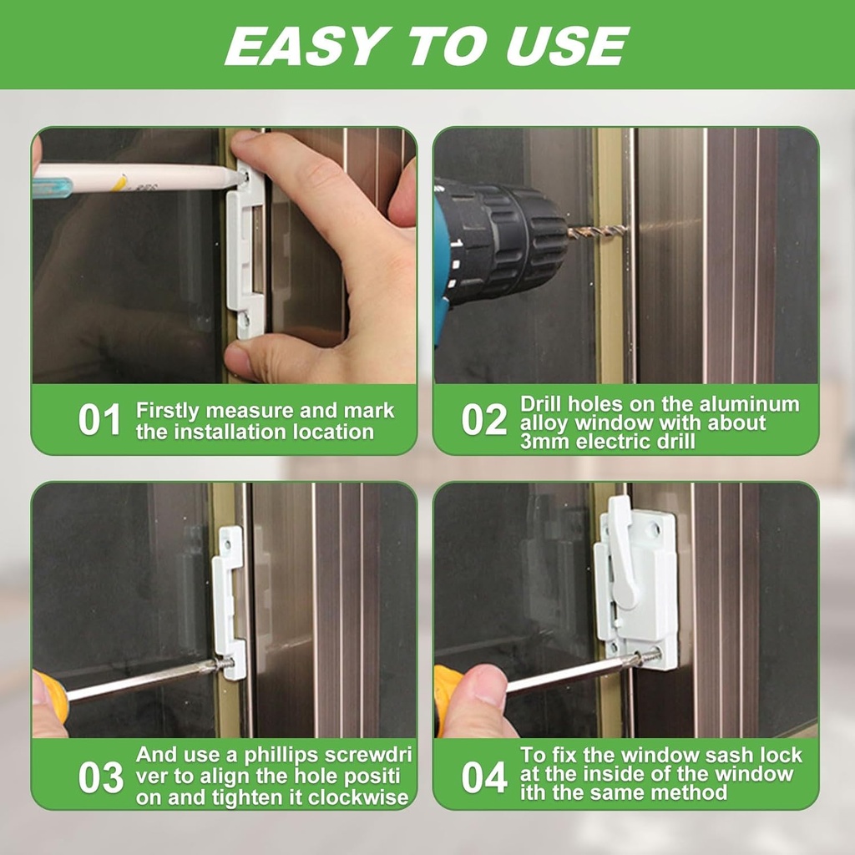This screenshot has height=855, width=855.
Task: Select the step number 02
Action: point(484,420)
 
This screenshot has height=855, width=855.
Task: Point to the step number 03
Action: point(101,777)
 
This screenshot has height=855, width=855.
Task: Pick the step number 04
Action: point(484,777)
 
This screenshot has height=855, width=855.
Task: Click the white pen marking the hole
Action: point(142,178)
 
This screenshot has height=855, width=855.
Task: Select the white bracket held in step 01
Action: point(247,250)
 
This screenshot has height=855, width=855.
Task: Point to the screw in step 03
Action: point(224,665)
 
